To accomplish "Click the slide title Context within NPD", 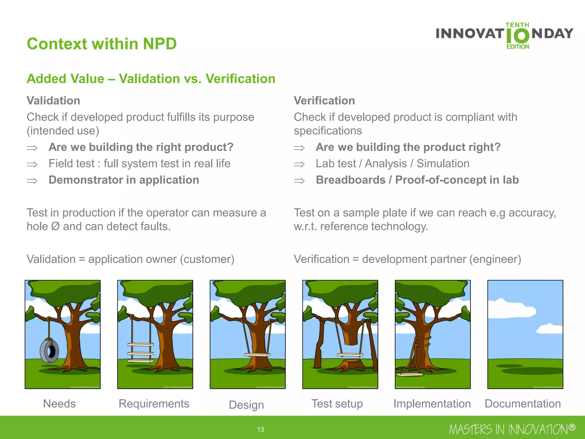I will (102, 44).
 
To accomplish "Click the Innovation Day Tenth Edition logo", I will (504, 36).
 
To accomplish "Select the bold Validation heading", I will (53, 101).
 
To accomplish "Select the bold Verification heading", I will (324, 101).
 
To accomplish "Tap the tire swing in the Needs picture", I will (49, 351).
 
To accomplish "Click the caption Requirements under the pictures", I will (154, 404).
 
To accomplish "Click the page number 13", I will (261, 429).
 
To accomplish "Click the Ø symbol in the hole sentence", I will (55, 226).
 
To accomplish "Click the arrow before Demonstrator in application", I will (32, 181).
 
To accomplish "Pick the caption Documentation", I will (523, 404).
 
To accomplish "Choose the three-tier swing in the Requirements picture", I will (140, 353).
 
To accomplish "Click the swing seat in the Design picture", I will (257, 355).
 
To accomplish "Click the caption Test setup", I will (337, 404).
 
